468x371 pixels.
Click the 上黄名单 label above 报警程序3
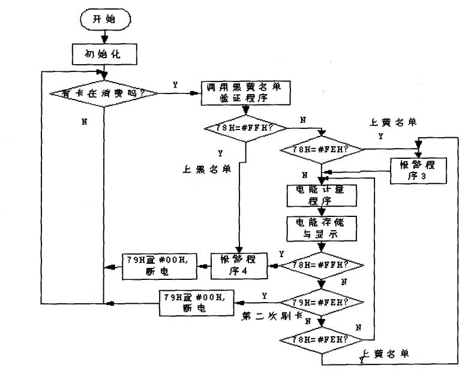coord(394,122)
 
